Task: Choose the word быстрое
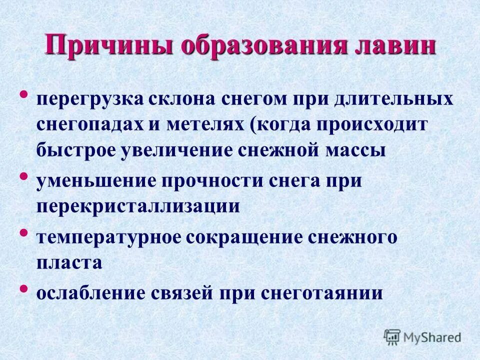tap(74, 150)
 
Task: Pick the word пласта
tap(69, 263)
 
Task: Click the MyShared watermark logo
tap(423, 336)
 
